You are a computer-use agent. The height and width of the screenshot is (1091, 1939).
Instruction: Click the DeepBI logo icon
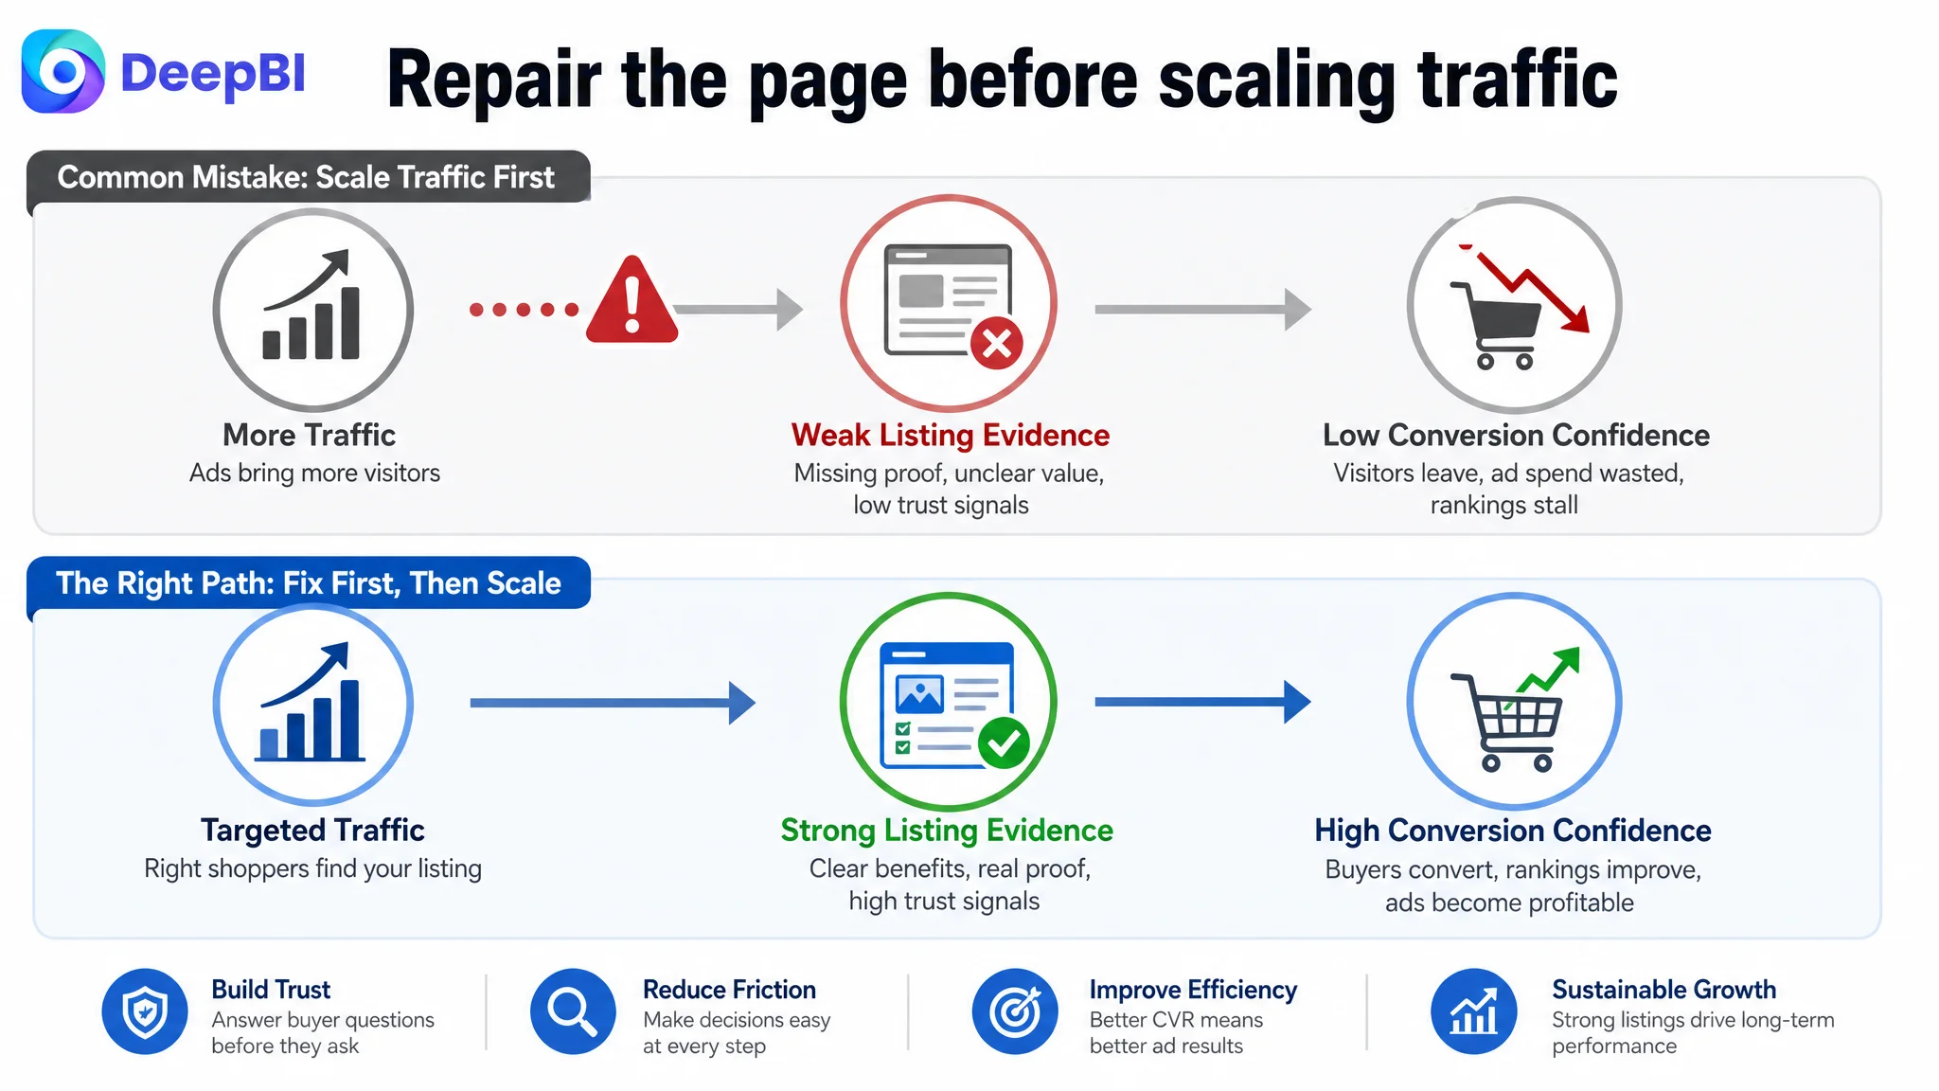[62, 71]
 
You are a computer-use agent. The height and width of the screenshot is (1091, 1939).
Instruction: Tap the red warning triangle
[632, 300]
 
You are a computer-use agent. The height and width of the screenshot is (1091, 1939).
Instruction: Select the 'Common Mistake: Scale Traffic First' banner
[309, 177]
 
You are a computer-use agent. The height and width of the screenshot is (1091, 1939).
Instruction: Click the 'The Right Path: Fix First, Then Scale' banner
[309, 582]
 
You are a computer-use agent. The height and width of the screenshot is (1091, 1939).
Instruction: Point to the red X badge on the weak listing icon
[996, 343]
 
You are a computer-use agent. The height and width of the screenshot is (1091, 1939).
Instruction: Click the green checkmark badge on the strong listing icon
[1004, 743]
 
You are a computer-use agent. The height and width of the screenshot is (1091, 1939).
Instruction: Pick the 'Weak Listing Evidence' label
[951, 435]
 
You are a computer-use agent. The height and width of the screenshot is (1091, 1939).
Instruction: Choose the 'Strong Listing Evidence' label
[947, 831]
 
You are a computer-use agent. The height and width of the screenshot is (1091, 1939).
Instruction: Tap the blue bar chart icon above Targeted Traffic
[313, 705]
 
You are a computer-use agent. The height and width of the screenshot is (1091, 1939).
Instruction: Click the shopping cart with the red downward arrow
[1515, 305]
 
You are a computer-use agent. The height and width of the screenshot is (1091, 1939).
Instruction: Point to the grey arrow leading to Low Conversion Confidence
[1203, 309]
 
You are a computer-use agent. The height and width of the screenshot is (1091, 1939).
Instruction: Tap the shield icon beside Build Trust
[145, 1011]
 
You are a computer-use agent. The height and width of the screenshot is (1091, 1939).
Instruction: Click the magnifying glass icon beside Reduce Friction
[573, 1011]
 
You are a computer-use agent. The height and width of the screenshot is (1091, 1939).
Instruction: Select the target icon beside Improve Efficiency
[1015, 1011]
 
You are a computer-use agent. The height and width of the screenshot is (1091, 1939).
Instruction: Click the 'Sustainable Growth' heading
[1663, 990]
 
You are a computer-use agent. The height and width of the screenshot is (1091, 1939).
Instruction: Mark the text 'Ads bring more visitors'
[315, 473]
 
